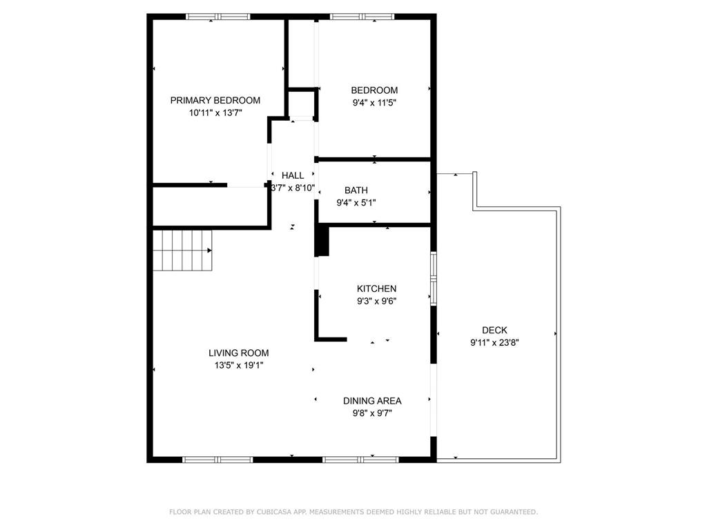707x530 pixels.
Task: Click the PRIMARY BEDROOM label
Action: (x=215, y=101)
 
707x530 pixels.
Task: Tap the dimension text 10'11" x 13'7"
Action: (x=215, y=112)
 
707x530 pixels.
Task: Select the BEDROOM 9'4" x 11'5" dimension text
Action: (x=374, y=103)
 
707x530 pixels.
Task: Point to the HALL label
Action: (x=293, y=175)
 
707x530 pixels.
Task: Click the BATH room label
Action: (x=356, y=190)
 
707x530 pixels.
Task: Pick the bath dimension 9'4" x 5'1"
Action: (x=356, y=203)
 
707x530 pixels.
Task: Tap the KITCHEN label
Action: (x=376, y=288)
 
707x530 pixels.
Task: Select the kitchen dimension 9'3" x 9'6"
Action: (x=376, y=301)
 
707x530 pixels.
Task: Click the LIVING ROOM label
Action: (x=238, y=353)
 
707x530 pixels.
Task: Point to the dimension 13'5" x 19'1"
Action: (x=238, y=366)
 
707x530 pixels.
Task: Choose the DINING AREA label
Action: (x=372, y=401)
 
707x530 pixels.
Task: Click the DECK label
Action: (x=494, y=330)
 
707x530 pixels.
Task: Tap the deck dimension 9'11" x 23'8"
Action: (x=494, y=342)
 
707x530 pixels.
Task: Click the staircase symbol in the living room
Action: (x=182, y=250)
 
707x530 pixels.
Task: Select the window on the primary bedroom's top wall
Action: (x=217, y=17)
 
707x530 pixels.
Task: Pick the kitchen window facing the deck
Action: (x=434, y=279)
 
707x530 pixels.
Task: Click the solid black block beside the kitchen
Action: (x=322, y=241)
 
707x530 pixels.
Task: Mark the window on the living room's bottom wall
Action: (x=217, y=460)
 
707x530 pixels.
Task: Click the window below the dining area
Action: (x=360, y=460)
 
